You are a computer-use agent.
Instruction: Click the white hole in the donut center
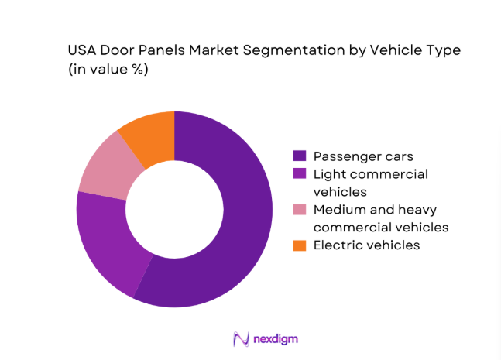click(174, 209)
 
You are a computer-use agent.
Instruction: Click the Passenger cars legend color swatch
click(299, 156)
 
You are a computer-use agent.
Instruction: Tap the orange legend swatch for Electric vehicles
click(299, 245)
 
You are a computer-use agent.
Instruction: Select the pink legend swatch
click(299, 209)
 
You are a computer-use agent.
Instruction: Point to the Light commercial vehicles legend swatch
click(299, 173)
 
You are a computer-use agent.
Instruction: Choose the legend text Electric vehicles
click(366, 245)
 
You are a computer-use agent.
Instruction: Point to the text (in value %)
click(108, 70)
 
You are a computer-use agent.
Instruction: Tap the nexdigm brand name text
click(276, 339)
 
